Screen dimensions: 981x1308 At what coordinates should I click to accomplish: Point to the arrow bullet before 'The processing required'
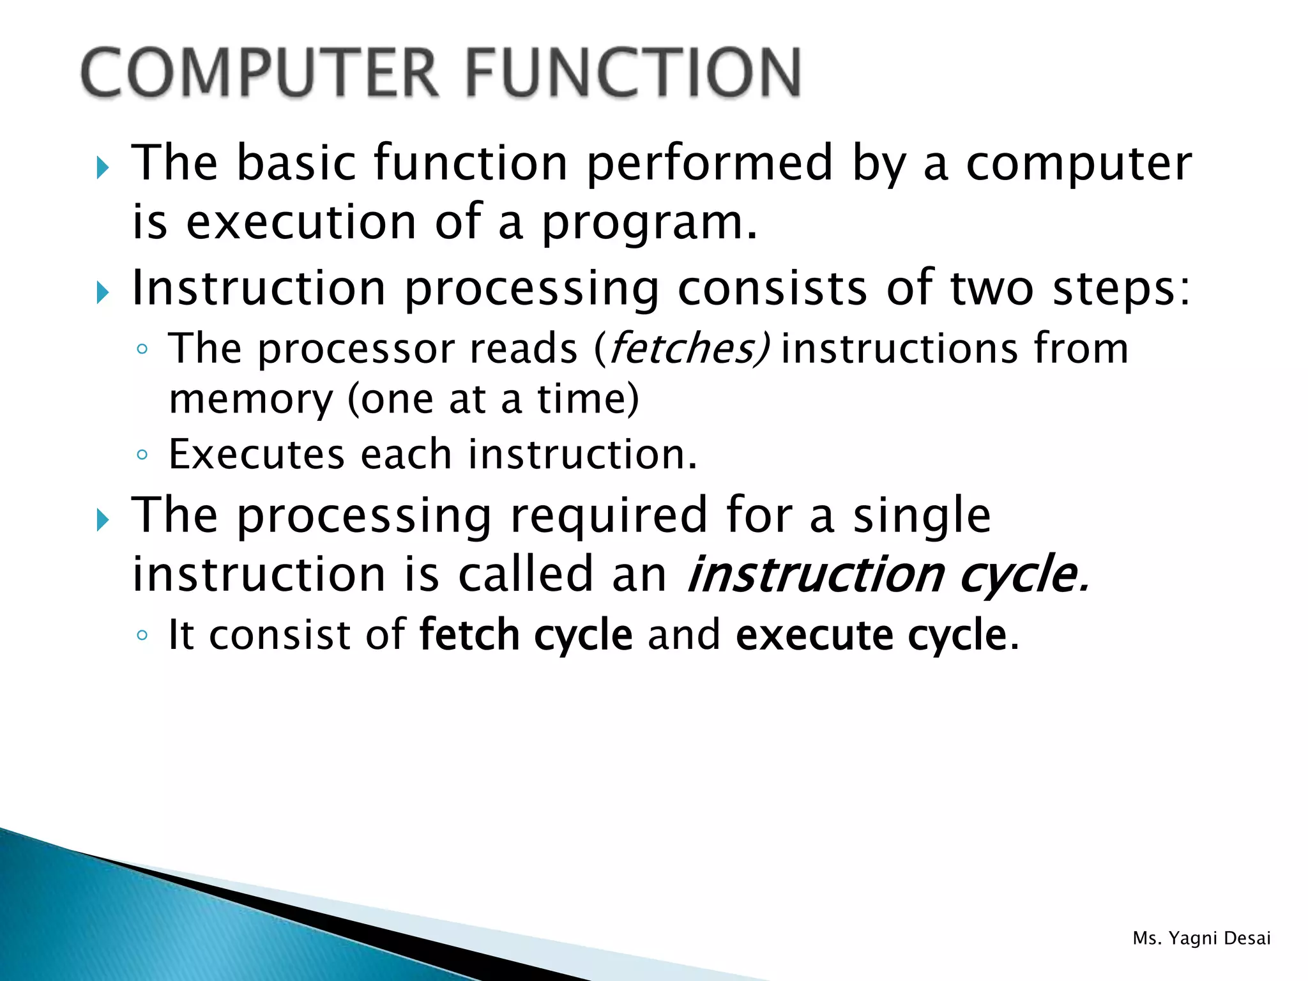tap(103, 520)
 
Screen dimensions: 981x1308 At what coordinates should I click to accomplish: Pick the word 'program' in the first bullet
tap(642, 223)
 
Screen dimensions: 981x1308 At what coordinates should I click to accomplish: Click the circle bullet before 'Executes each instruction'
tap(142, 455)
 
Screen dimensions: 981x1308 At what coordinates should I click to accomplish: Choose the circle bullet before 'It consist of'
tap(142, 635)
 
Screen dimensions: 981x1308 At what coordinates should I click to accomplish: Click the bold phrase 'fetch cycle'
tap(526, 635)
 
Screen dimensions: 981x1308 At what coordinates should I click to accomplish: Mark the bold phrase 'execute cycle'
tap(871, 635)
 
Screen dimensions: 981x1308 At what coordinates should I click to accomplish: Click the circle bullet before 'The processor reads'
tap(142, 349)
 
